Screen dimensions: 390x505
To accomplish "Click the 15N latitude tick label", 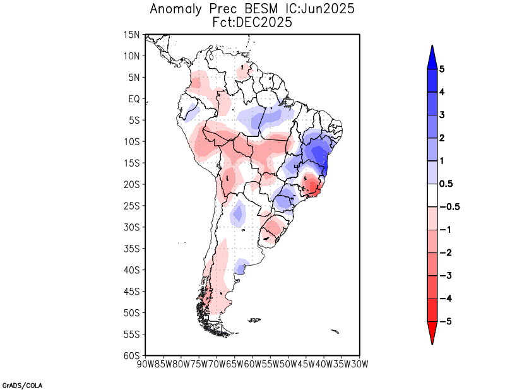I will coord(132,35).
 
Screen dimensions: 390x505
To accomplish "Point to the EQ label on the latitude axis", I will coord(134,99).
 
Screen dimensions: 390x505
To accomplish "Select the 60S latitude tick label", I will coord(132,355).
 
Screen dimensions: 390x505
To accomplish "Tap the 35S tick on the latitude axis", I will coord(132,249).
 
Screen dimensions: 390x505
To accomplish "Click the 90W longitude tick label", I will coord(145,363).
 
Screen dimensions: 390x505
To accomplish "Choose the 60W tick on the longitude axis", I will coord(252,363).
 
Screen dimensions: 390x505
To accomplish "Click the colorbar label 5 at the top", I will coord(442,69).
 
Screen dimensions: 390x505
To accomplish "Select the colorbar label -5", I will coord(444,321).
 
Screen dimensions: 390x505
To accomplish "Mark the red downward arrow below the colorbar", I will coord(432,333).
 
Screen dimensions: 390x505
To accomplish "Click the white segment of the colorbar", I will coord(432,195).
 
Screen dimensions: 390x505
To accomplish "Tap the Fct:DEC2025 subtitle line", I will coord(252,22).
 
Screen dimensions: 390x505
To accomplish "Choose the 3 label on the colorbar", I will coord(442,115).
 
